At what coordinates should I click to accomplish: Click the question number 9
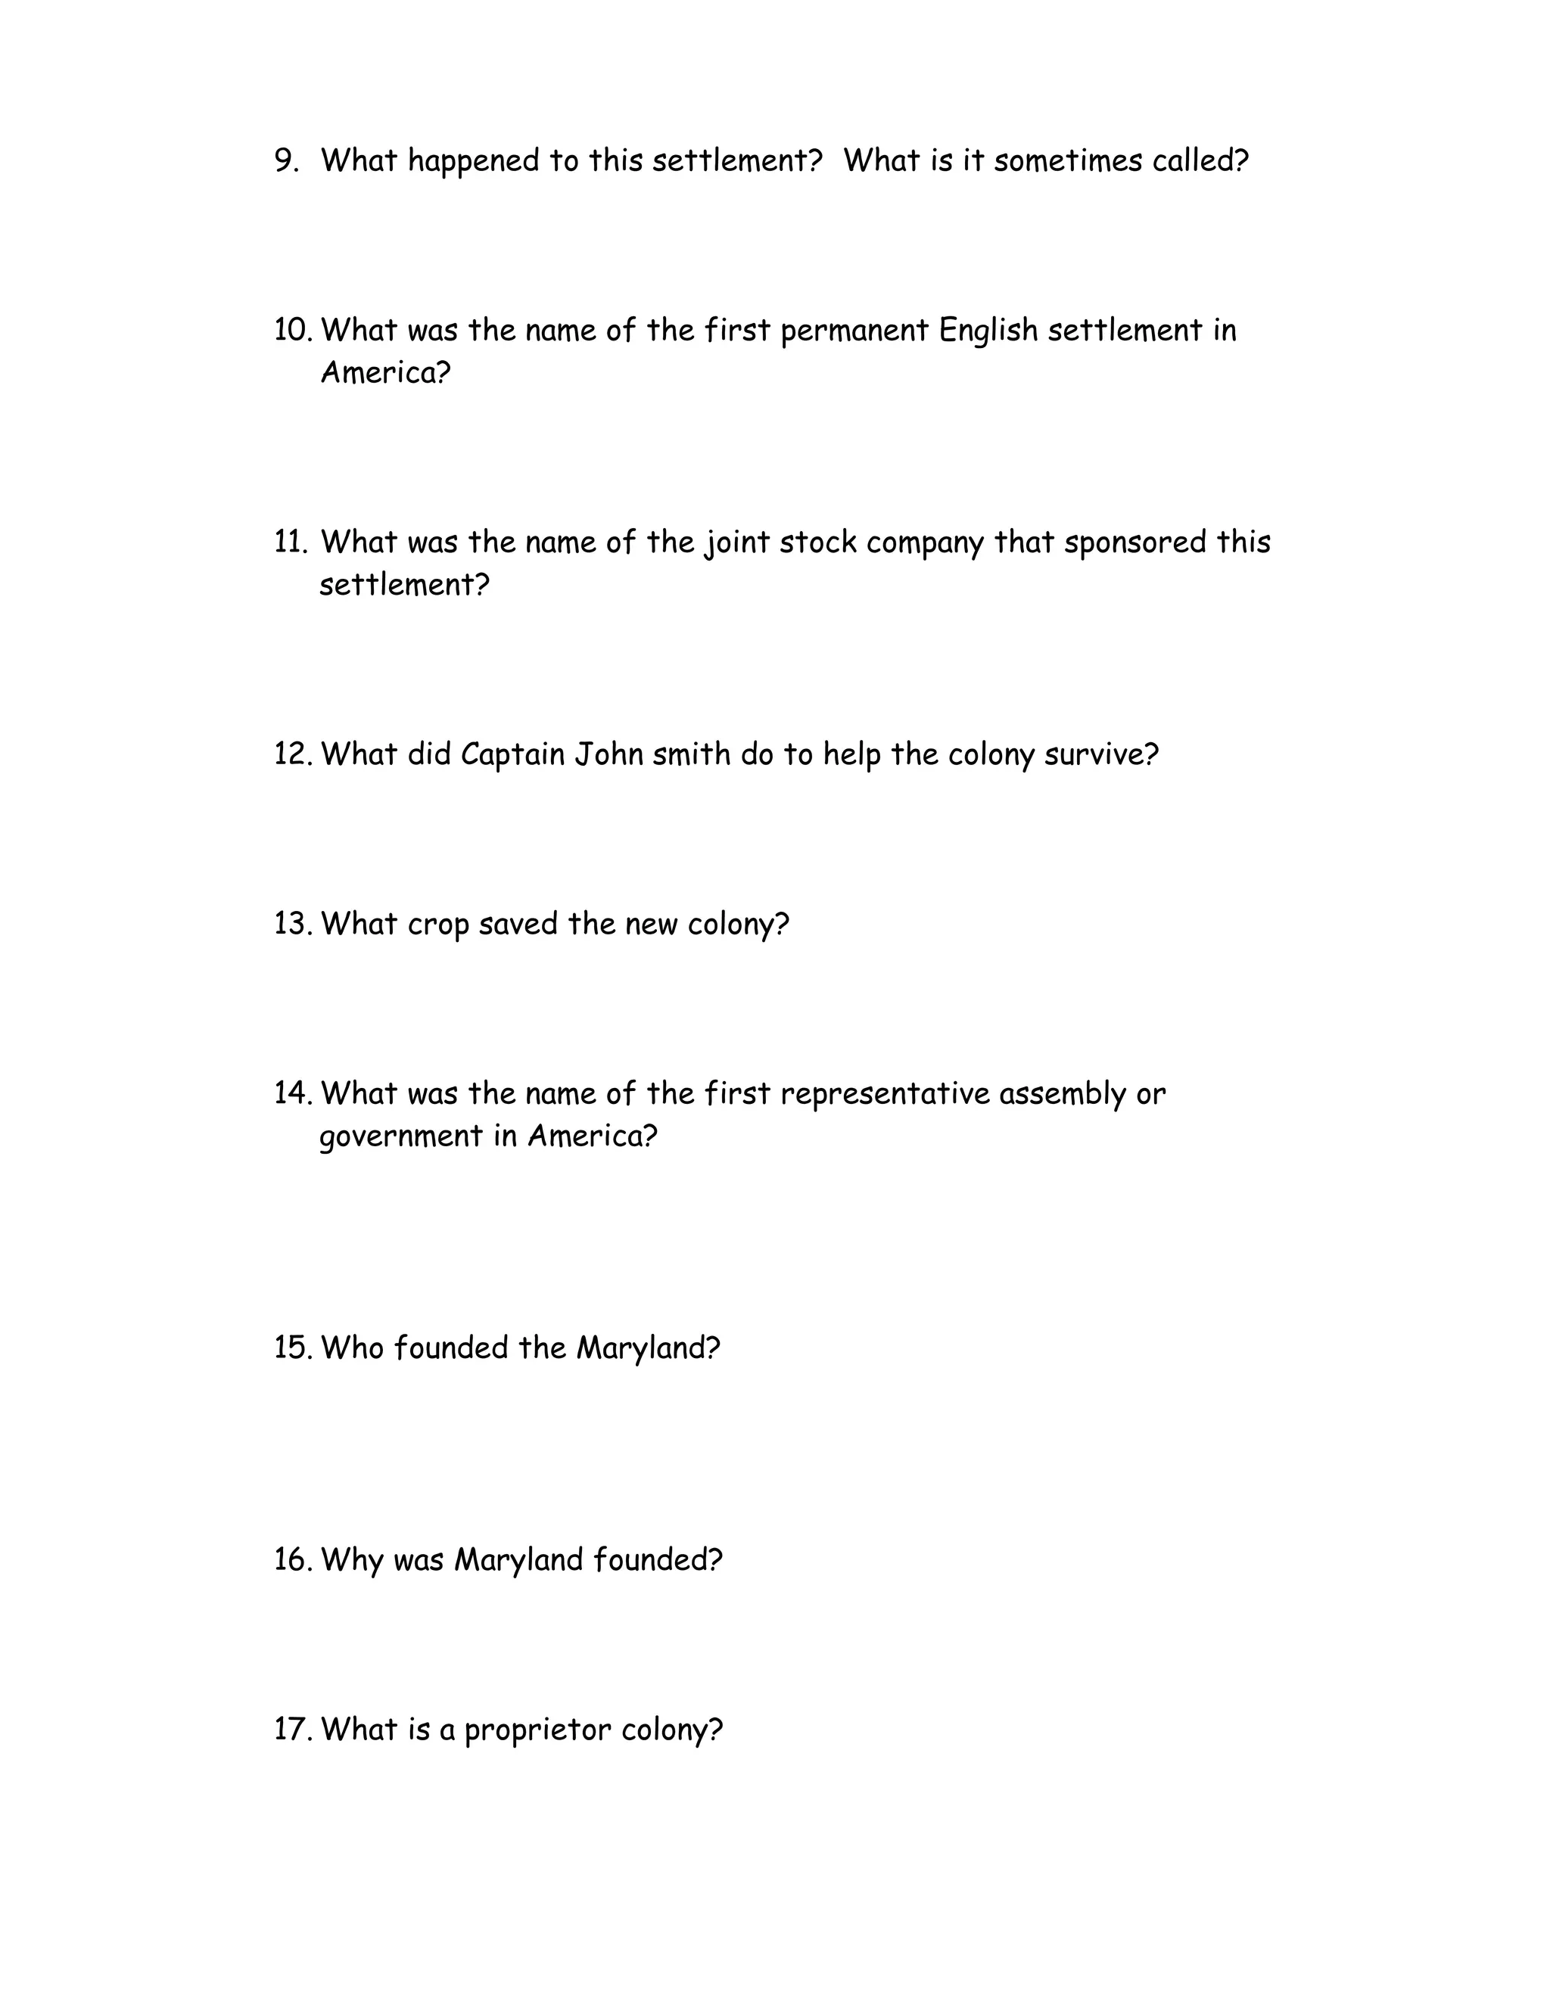pyautogui.click(x=287, y=160)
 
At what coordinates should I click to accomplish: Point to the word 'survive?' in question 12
pyautogui.click(x=1102, y=754)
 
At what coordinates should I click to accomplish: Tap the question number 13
pyautogui.click(x=293, y=924)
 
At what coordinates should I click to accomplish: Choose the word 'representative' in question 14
pyautogui.click(x=884, y=1094)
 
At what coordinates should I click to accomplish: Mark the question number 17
pyautogui.click(x=293, y=1730)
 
